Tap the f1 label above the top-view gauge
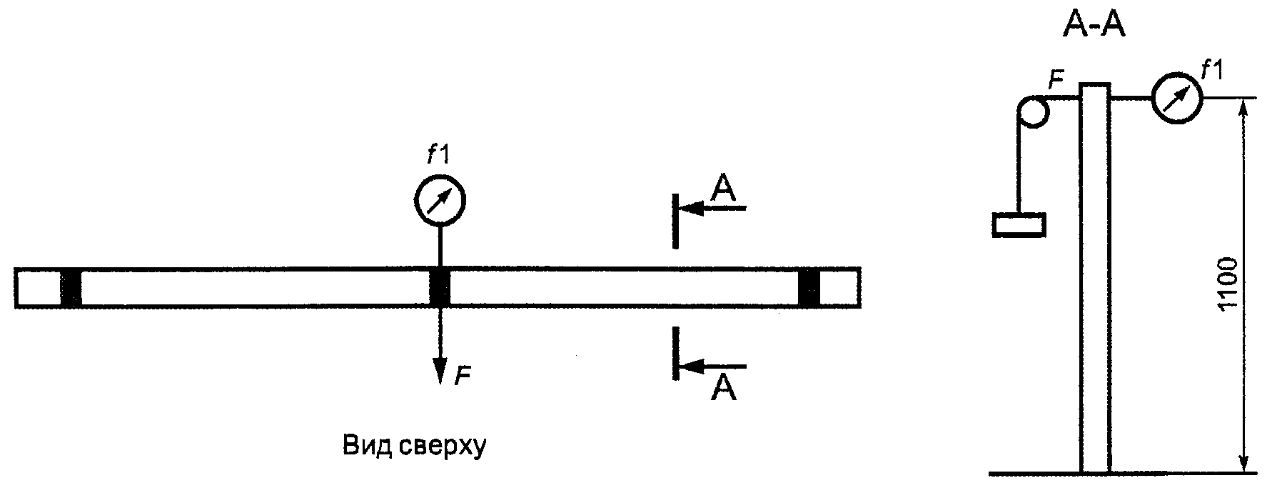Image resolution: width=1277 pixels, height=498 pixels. pyautogui.click(x=438, y=154)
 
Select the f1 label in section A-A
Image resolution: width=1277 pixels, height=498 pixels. pyautogui.click(x=1212, y=70)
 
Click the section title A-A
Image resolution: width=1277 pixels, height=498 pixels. pyautogui.click(x=1094, y=27)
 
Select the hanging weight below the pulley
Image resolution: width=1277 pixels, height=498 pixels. pyautogui.click(x=1019, y=224)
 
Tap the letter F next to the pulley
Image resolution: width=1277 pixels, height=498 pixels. pyautogui.click(x=1056, y=81)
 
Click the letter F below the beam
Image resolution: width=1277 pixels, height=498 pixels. pyautogui.click(x=463, y=375)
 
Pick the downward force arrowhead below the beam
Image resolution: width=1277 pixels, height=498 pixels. pyautogui.click(x=440, y=372)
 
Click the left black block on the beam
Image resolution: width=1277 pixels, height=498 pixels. pyautogui.click(x=71, y=289)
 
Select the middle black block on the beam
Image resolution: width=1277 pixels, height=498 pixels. pyautogui.click(x=440, y=289)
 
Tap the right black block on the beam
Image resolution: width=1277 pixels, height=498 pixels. pyautogui.click(x=809, y=289)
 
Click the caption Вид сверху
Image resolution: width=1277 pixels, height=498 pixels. pyautogui.click(x=414, y=446)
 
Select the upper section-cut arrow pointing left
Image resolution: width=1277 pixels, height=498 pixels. pyautogui.click(x=710, y=209)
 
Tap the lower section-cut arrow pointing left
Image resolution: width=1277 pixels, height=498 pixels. pyautogui.click(x=710, y=367)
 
